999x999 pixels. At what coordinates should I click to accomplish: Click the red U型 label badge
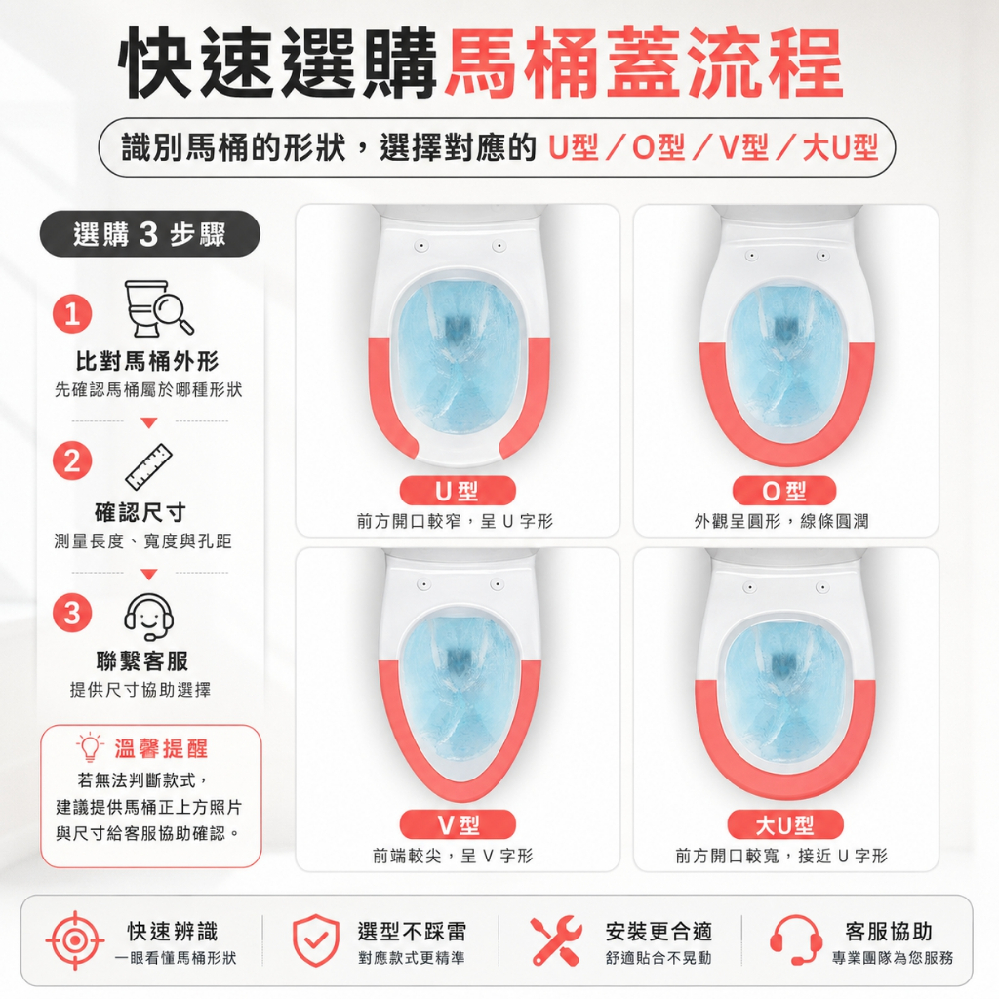[458, 491]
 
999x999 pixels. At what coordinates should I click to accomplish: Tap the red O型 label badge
[784, 491]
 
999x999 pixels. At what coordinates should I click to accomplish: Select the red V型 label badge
[458, 825]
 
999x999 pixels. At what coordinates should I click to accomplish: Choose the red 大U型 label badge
[785, 825]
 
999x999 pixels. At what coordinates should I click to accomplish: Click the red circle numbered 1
[72, 313]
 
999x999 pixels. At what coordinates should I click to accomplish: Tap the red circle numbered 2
[72, 460]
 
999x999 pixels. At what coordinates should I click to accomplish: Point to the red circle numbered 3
[72, 613]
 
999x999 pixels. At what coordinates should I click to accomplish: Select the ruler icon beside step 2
[149, 467]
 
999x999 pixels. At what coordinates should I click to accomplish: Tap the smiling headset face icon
[148, 617]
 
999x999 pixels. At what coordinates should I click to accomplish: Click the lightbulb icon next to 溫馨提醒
[90, 747]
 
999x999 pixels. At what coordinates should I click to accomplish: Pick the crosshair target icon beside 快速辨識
[75, 940]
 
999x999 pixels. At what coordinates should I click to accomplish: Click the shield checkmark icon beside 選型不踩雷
[316, 940]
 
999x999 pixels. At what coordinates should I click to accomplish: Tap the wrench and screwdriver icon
[556, 940]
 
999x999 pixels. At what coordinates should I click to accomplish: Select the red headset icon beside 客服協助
[795, 940]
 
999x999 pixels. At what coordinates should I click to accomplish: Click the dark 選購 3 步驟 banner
[149, 234]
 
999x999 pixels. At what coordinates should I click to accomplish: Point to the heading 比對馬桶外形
[148, 361]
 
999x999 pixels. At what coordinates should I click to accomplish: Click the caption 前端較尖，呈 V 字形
[453, 856]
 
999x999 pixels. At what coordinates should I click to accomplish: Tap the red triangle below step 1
[149, 422]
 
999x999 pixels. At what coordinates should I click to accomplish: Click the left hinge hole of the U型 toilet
[421, 245]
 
